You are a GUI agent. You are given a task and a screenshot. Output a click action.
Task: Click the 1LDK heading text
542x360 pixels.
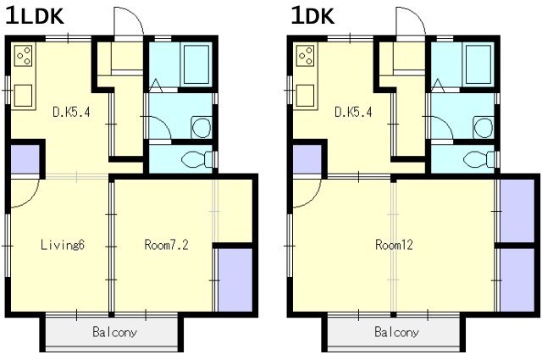click(x=35, y=16)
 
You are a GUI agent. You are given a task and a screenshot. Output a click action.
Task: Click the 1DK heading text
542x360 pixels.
click(x=312, y=16)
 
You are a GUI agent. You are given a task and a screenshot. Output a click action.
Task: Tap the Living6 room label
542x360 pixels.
click(x=63, y=245)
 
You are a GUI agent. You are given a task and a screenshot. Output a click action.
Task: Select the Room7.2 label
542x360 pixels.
click(x=166, y=245)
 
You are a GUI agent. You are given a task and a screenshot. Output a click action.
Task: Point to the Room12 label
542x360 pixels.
click(x=394, y=245)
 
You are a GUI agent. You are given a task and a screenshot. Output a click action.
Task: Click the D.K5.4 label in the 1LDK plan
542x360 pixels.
click(x=71, y=112)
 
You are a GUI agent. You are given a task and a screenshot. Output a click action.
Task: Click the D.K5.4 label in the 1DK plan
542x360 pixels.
click(x=353, y=112)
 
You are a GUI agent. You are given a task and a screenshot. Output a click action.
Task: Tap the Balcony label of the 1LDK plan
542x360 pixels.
click(x=115, y=332)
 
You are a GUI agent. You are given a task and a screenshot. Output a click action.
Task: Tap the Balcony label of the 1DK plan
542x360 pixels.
click(x=397, y=332)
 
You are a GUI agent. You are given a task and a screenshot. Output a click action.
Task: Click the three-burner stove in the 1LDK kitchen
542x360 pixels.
click(x=24, y=56)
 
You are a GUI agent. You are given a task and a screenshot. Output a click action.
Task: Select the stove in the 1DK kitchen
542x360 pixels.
click(x=306, y=56)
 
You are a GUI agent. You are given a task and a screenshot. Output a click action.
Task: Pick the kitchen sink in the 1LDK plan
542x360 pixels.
click(x=23, y=96)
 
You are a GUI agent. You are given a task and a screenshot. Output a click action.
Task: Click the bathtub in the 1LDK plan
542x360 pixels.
click(x=196, y=64)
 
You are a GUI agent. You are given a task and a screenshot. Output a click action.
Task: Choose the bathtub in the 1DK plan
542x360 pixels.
click(x=478, y=64)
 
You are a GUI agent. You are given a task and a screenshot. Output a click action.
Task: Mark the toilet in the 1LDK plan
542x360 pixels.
click(x=196, y=159)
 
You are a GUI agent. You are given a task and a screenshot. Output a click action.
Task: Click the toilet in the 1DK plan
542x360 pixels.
click(x=478, y=159)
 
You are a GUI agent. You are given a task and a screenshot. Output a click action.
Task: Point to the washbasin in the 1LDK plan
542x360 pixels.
click(x=202, y=127)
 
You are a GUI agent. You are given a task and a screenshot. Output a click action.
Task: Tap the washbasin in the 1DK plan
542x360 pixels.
click(x=484, y=127)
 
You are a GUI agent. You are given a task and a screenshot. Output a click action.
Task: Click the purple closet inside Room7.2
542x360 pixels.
click(x=235, y=280)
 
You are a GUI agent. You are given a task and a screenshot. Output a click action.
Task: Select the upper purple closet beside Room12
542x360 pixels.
click(x=517, y=211)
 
